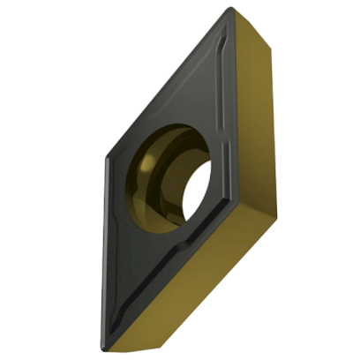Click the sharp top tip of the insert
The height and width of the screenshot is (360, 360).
point(231,10)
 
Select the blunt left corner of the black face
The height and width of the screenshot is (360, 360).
point(108,159)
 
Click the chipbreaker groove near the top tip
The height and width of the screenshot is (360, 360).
point(224,44)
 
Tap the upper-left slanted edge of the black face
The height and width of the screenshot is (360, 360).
point(168,84)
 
